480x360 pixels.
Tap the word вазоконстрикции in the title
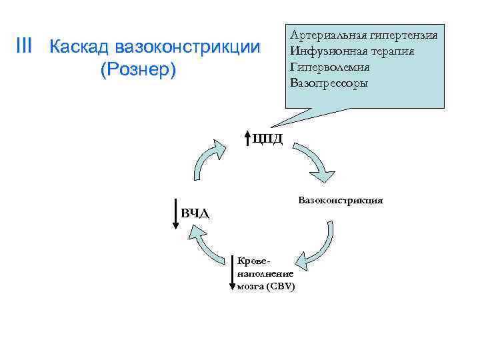click(x=187, y=47)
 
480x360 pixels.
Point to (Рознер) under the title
click(x=138, y=69)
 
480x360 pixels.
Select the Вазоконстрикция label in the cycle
click(x=340, y=199)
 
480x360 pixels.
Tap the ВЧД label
click(x=195, y=213)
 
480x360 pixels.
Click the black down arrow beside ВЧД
click(x=175, y=213)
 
